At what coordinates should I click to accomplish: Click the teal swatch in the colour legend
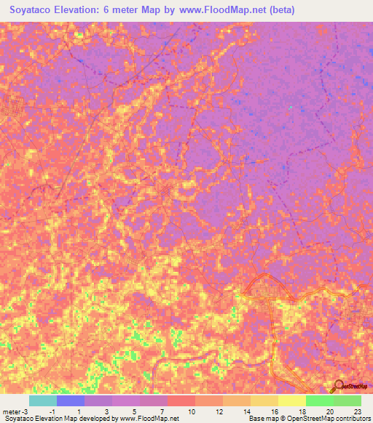click(x=43, y=400)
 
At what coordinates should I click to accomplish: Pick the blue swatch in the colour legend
click(x=71, y=400)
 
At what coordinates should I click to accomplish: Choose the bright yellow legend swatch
click(x=292, y=400)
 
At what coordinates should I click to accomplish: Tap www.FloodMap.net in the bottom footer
click(x=149, y=419)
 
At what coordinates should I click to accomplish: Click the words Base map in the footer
click(x=261, y=419)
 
